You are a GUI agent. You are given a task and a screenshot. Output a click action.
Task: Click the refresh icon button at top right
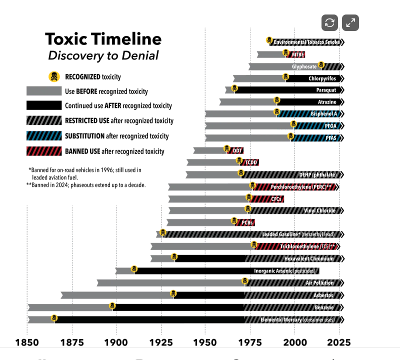coord(329,23)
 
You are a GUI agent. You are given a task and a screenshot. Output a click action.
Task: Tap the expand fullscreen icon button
coord(350,23)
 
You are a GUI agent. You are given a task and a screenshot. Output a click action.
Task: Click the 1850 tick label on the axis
coord(28,342)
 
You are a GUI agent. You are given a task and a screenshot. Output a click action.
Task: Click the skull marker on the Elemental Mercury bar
coord(54,318)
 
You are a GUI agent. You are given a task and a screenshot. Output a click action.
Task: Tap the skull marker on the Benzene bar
coord(112,306)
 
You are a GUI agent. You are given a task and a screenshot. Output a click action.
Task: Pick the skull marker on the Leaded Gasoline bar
coord(162,232)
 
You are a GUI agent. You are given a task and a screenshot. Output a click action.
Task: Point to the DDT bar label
coord(237,150)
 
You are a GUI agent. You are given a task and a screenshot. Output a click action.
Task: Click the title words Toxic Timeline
coord(103,39)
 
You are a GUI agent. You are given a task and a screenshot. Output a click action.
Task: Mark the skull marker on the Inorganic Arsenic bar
coord(134,269)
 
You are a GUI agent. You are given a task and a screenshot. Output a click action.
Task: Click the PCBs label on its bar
coord(247,222)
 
